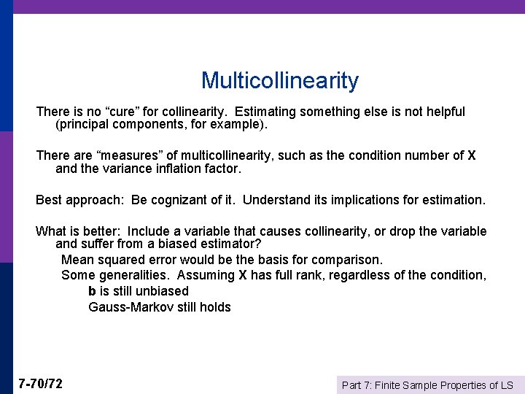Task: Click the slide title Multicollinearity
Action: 280,80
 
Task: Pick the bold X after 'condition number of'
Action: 472,155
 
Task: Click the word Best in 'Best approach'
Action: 49,200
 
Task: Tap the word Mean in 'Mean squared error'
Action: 76,260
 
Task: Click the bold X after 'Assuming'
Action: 243,275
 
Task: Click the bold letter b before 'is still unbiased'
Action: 93,291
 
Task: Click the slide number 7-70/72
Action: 41,384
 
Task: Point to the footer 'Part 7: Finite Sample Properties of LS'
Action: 428,385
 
